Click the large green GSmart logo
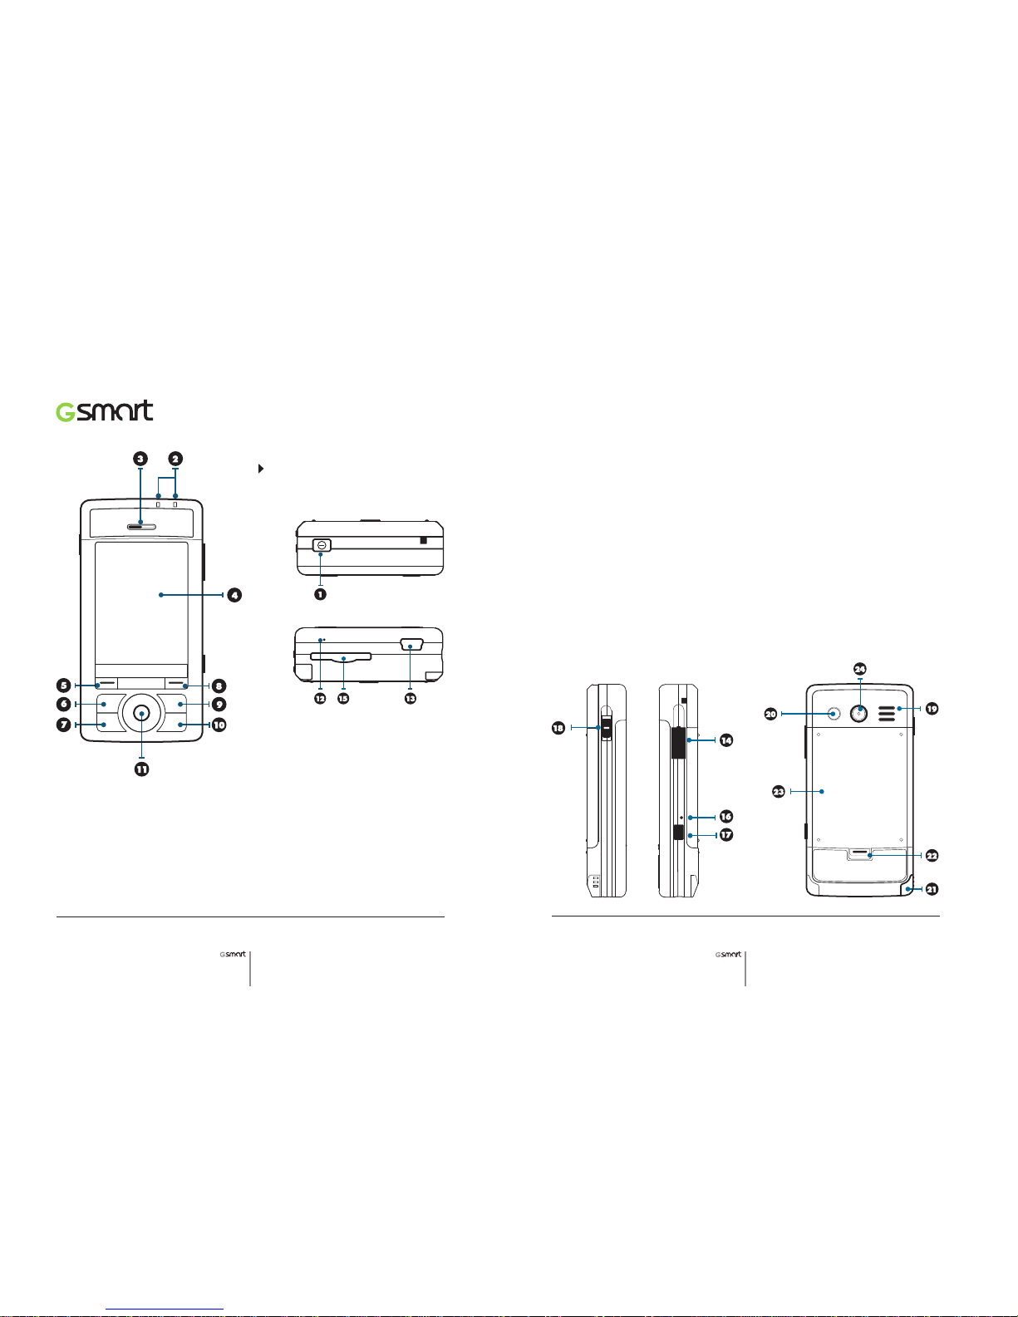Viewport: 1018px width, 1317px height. [104, 410]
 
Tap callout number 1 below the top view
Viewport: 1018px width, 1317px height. [320, 595]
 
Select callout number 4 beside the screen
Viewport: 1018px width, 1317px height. [234, 595]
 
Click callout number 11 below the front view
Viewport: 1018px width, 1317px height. [141, 769]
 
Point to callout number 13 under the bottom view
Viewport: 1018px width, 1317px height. [411, 698]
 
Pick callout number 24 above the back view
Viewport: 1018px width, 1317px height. [860, 669]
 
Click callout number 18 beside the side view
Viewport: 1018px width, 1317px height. [558, 727]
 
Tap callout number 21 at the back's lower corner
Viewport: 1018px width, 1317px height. [932, 889]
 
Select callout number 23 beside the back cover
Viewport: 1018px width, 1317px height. [779, 791]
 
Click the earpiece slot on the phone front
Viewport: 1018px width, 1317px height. [141, 526]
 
